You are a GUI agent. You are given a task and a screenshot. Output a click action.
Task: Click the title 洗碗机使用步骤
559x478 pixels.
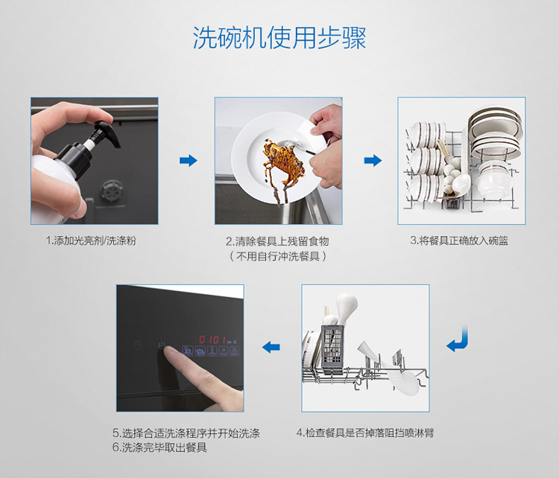tap(279, 37)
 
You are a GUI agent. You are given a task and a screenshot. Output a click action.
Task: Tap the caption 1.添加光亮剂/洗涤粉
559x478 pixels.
tap(91, 240)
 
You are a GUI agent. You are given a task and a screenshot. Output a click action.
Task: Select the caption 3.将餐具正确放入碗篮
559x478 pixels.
tap(459, 240)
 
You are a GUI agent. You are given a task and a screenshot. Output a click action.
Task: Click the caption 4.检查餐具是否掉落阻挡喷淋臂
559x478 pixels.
tap(365, 433)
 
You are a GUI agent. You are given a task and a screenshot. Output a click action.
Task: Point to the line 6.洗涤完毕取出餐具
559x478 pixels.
tap(160, 447)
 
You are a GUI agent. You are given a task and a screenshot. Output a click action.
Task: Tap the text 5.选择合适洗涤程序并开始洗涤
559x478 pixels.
tap(186, 433)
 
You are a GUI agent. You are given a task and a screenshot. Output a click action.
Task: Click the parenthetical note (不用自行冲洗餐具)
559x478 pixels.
tap(278, 256)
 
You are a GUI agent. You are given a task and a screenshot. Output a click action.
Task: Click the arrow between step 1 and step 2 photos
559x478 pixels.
tap(189, 160)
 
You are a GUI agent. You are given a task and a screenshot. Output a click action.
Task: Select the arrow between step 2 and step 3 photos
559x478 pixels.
tap(373, 160)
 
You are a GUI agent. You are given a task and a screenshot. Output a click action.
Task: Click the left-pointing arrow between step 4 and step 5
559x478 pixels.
tap(271, 346)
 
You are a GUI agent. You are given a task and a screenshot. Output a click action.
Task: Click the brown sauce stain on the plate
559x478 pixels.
tap(281, 164)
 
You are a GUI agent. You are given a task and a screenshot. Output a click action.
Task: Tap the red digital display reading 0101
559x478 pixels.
tap(212, 340)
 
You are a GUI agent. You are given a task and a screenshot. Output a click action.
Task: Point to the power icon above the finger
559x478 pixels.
tap(162, 345)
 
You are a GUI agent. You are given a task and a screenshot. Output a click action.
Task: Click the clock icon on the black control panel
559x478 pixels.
tap(138, 345)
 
